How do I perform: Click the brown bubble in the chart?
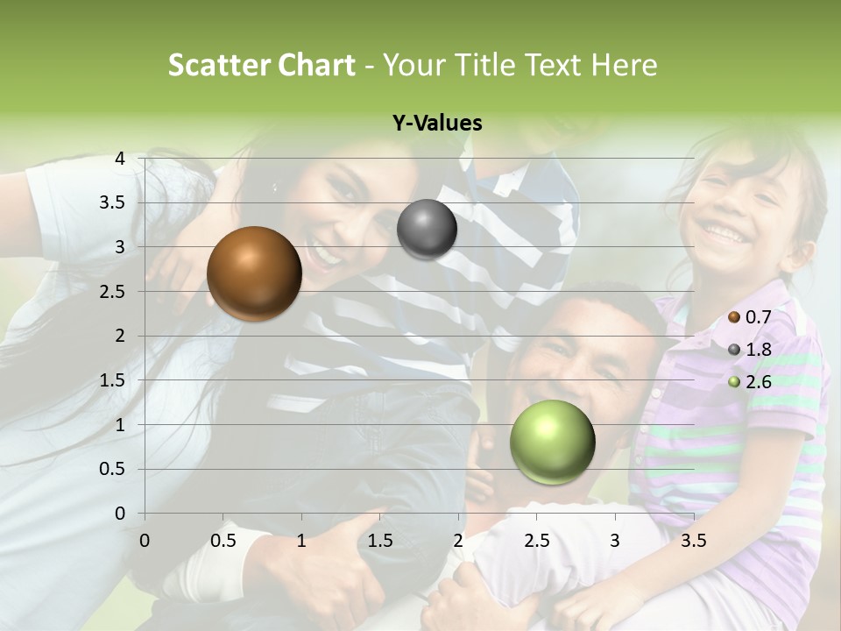tap(254, 273)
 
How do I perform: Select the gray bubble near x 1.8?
tap(427, 230)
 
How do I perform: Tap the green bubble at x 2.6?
tap(552, 442)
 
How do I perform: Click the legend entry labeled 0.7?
tap(750, 317)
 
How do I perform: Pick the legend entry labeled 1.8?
tap(750, 350)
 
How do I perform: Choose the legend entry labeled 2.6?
tap(750, 382)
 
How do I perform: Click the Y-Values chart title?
tap(436, 124)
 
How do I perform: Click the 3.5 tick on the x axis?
tap(693, 541)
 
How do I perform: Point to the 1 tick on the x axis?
tap(301, 541)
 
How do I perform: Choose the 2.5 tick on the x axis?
tap(536, 541)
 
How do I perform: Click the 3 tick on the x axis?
tap(615, 541)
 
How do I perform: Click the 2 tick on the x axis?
tap(458, 541)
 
